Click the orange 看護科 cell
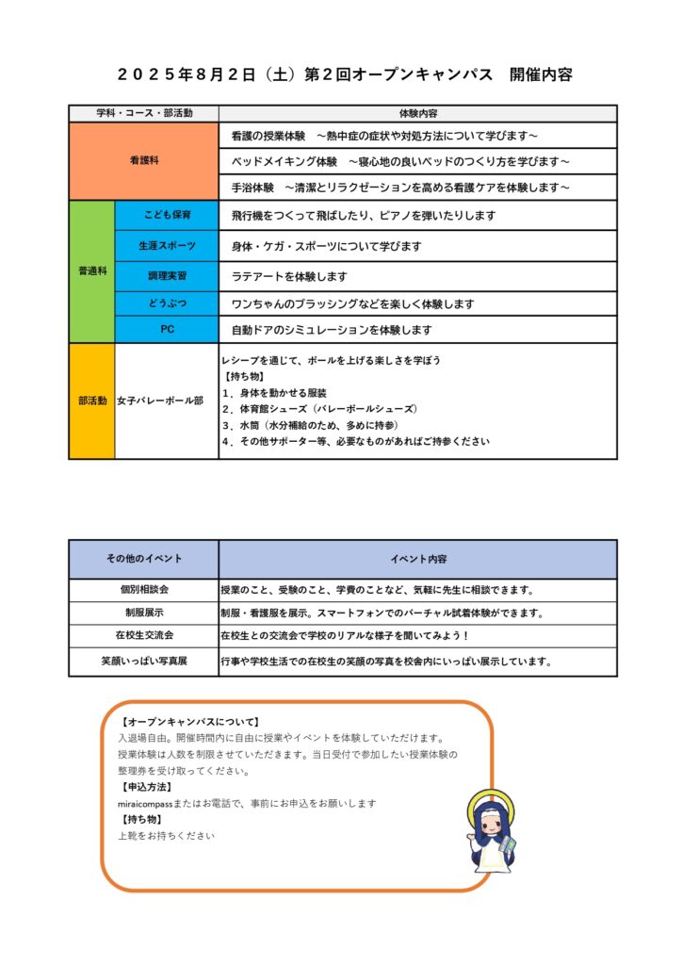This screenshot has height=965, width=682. [143, 161]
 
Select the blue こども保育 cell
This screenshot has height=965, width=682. [167, 216]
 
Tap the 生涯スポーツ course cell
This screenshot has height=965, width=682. [167, 246]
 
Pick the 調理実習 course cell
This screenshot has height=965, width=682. [167, 276]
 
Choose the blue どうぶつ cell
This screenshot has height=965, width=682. [167, 304]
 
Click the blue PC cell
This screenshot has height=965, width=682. [167, 330]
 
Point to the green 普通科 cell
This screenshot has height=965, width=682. [91, 271]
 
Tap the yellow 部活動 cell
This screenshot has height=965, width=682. [91, 401]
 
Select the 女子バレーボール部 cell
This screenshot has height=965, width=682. [160, 401]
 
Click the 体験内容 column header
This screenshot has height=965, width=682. [418, 113]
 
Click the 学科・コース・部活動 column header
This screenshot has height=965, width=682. [143, 113]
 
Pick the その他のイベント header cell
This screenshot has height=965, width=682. [143, 559]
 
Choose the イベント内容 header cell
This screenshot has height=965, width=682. [418, 559]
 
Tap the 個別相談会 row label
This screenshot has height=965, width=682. [143, 590]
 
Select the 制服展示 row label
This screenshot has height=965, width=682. [143, 613]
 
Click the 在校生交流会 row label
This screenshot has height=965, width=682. [143, 636]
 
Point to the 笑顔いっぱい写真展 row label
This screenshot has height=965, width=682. [143, 662]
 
